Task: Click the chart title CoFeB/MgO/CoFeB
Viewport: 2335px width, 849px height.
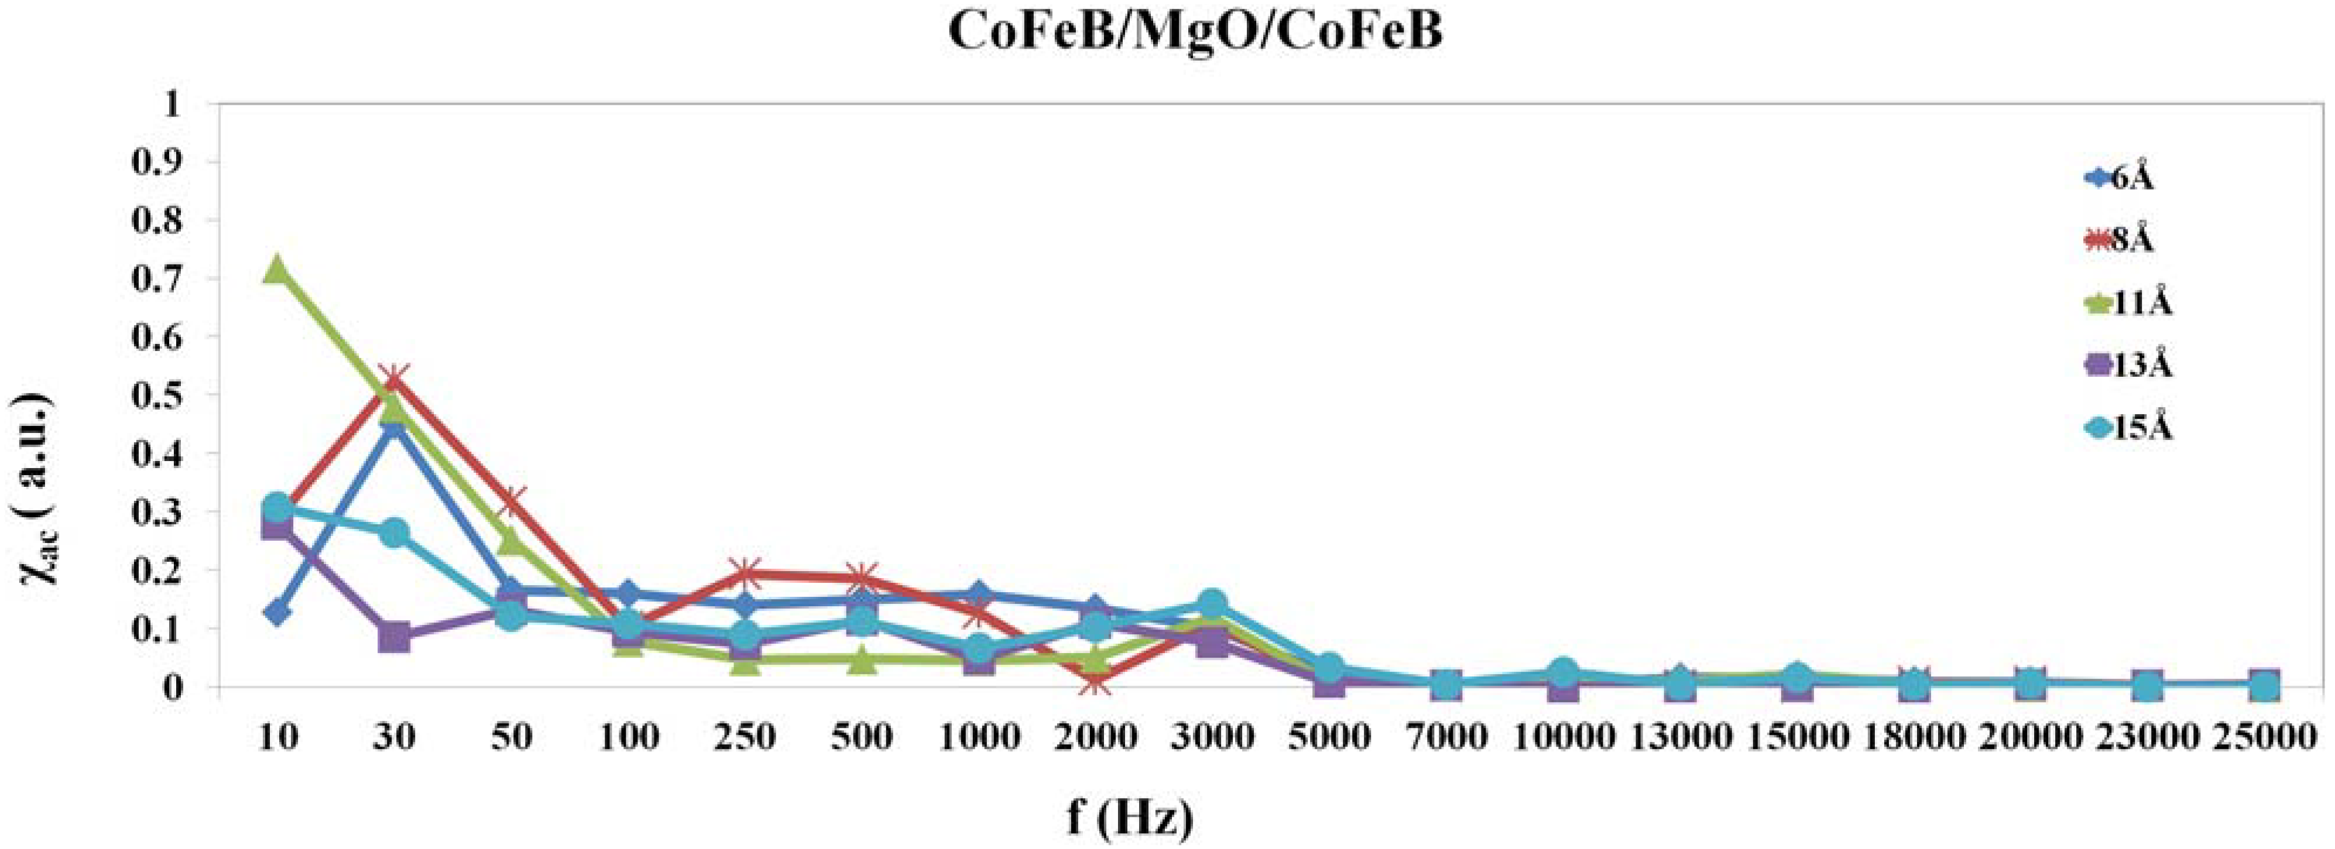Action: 1195,33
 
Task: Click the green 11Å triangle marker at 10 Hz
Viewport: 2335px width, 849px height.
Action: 277,269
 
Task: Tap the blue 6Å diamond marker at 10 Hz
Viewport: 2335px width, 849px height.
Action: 277,613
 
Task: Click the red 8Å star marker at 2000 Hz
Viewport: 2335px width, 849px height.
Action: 1095,682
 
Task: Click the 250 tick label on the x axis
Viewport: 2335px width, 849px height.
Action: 744,737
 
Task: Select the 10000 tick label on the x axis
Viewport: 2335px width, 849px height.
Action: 1563,737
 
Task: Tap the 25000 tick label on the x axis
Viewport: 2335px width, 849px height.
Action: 2264,737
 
